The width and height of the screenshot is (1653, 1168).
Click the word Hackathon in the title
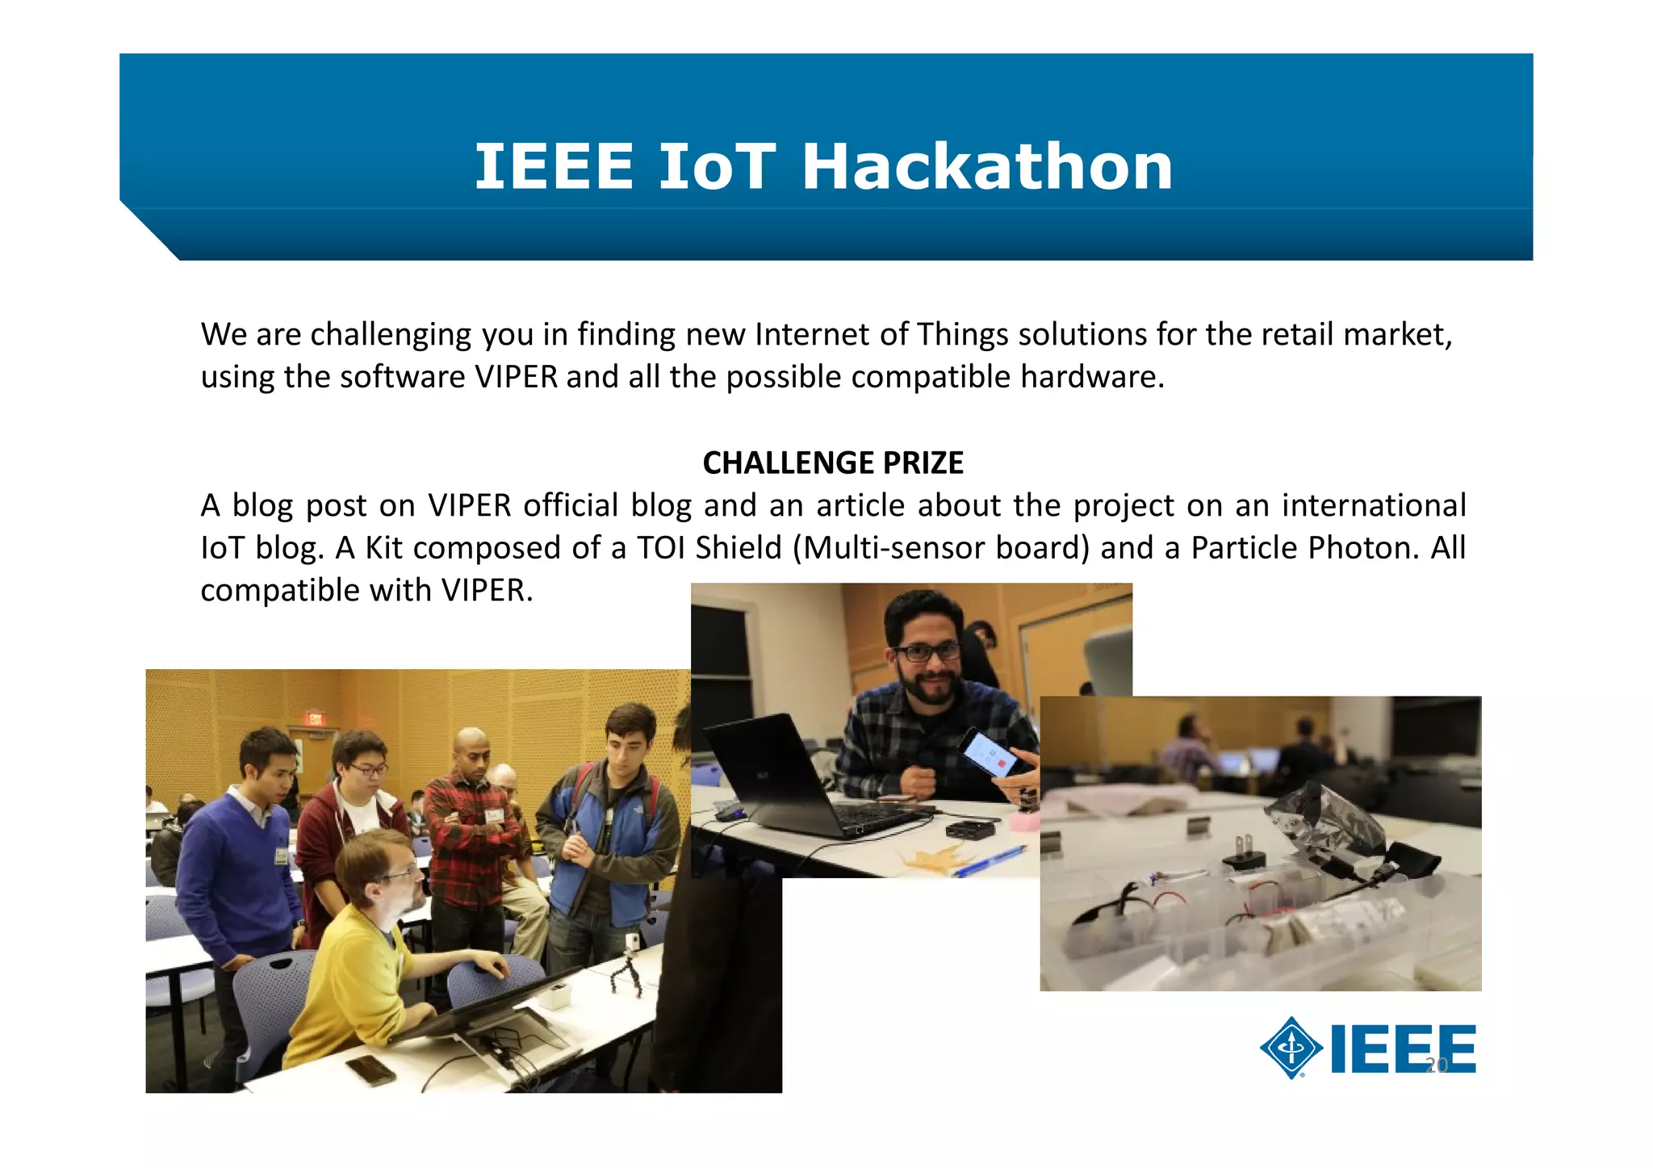coord(986,167)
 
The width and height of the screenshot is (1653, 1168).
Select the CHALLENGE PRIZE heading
coord(833,463)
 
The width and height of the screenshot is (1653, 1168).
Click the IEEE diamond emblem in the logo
coord(1291,1048)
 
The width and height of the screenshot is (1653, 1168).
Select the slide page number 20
coord(1437,1065)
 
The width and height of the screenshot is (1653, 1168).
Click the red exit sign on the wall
coord(314,718)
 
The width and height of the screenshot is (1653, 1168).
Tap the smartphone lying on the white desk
coord(370,1070)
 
